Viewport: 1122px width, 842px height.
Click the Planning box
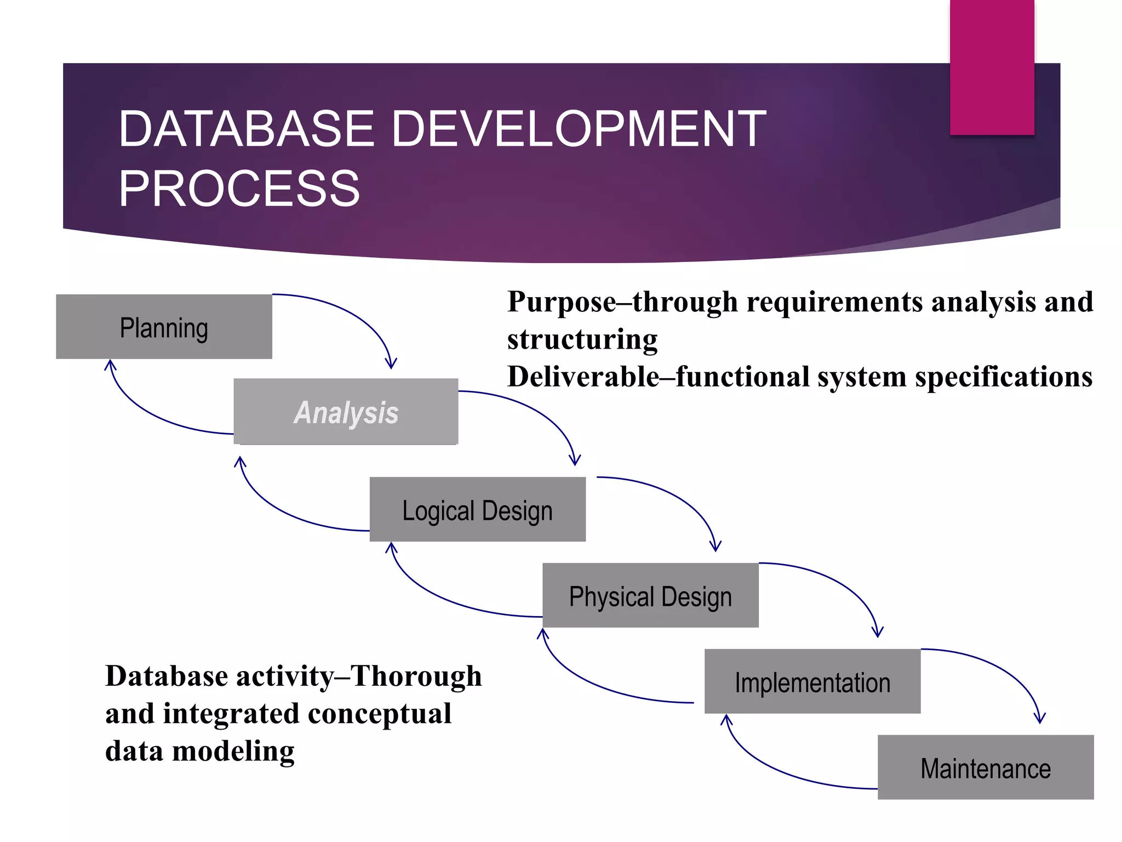click(164, 327)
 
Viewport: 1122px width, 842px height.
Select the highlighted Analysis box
click(346, 412)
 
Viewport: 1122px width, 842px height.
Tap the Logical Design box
click(477, 509)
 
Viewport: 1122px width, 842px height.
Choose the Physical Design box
click(650, 595)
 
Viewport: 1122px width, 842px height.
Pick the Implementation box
click(812, 681)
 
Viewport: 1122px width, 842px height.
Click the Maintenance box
click(985, 767)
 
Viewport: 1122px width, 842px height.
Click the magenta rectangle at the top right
click(992, 66)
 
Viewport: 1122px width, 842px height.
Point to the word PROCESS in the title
click(239, 189)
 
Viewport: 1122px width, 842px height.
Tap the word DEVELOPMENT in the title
click(579, 129)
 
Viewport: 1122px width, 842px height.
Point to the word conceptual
click(379, 714)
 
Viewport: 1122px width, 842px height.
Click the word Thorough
click(416, 676)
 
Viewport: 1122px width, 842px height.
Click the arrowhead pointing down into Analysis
click(391, 364)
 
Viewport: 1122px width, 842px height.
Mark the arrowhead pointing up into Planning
click(110, 365)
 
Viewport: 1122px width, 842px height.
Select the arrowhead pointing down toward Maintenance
click(1039, 718)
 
